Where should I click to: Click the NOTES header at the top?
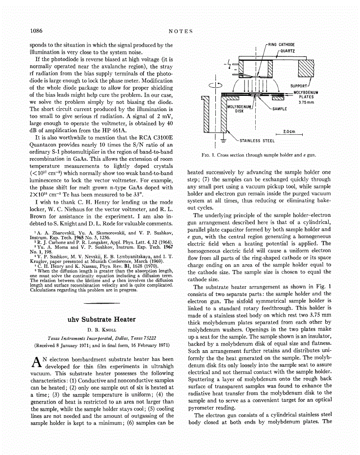[x=180, y=31]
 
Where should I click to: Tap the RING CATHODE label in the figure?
[x=281, y=45]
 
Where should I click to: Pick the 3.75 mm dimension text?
[x=306, y=102]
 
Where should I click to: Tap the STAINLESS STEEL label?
[x=257, y=141]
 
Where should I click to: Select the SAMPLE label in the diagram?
[x=279, y=109]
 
